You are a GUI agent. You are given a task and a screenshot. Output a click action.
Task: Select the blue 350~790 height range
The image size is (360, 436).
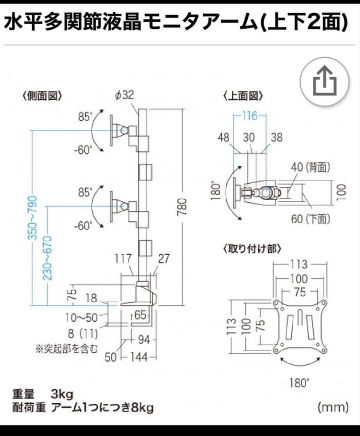point(32,218)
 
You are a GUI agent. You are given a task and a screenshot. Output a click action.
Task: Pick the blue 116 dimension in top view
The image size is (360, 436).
point(250,116)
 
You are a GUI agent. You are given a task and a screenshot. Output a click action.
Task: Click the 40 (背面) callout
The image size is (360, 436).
point(310,167)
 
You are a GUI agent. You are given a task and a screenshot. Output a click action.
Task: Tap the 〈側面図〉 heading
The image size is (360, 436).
point(42,96)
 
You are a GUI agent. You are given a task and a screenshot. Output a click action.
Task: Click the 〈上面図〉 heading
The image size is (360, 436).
point(243,96)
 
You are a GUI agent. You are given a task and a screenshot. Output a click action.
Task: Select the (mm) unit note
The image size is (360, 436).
point(333,407)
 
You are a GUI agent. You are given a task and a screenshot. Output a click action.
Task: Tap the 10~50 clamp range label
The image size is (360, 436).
point(82,317)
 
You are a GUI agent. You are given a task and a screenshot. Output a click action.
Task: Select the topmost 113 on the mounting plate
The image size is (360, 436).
point(299,265)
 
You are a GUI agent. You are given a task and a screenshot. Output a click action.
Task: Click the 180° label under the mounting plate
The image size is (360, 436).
point(299,383)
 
